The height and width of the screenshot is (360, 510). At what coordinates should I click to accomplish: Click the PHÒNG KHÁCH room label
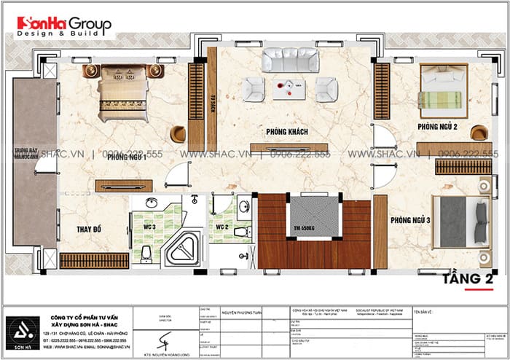tap(286, 131)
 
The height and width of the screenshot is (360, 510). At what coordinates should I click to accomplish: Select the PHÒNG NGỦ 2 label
tap(437, 127)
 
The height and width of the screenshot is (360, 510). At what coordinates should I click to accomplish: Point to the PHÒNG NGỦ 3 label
tap(410, 220)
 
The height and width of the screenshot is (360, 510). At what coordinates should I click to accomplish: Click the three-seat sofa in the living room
tap(289, 59)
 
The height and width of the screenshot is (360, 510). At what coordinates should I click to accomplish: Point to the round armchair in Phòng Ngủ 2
tap(479, 133)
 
